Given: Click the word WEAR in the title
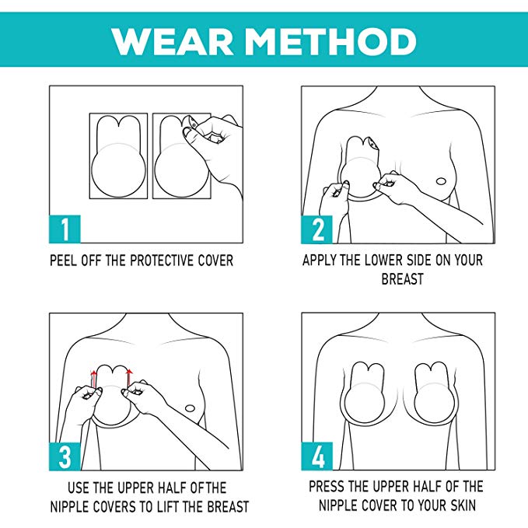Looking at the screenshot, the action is click(x=172, y=41).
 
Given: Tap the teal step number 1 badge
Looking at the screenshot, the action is click(x=65, y=229).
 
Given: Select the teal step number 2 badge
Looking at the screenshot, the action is click(x=316, y=229).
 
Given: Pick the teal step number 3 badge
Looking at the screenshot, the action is click(x=65, y=456).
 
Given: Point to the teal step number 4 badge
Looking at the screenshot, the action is click(x=316, y=456).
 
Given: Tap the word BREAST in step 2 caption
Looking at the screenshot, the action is click(x=402, y=279).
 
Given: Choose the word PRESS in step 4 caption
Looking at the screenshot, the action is click(x=327, y=486).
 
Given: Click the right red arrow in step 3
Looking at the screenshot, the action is click(x=129, y=378).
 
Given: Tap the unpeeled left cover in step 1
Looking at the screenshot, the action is click(x=118, y=156).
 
